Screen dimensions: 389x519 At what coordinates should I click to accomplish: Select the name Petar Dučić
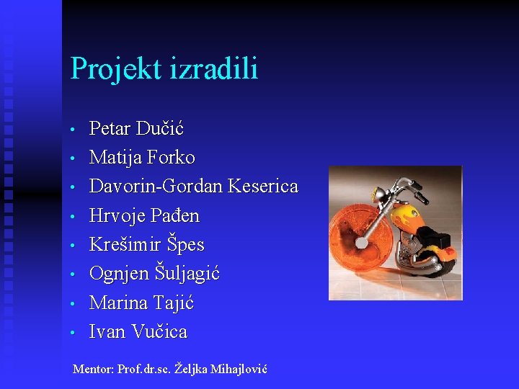136,129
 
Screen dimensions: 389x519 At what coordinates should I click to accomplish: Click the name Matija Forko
142,158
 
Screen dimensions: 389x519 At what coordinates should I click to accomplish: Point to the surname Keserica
262,187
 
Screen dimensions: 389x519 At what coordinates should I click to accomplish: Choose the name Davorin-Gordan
156,187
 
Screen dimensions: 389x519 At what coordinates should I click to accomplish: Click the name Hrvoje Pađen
144,216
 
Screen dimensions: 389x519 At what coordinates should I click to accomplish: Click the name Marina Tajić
141,303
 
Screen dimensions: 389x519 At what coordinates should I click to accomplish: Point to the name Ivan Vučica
138,332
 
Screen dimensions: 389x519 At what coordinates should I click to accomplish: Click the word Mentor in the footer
93,369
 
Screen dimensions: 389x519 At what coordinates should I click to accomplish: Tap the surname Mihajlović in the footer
237,369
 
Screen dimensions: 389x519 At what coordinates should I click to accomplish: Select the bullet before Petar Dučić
74,130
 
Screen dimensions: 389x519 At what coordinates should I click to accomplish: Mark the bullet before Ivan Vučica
74,334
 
